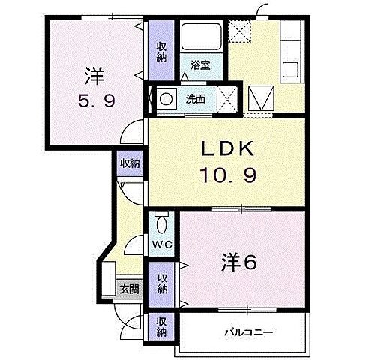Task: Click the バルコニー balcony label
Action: tap(246, 330)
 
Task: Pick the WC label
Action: tap(162, 244)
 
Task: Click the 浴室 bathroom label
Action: tap(199, 65)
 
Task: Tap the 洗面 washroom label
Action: tap(196, 97)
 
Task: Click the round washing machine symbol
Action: tap(166, 97)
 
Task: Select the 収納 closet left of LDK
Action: tap(129, 163)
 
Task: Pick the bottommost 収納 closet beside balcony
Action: tap(161, 326)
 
